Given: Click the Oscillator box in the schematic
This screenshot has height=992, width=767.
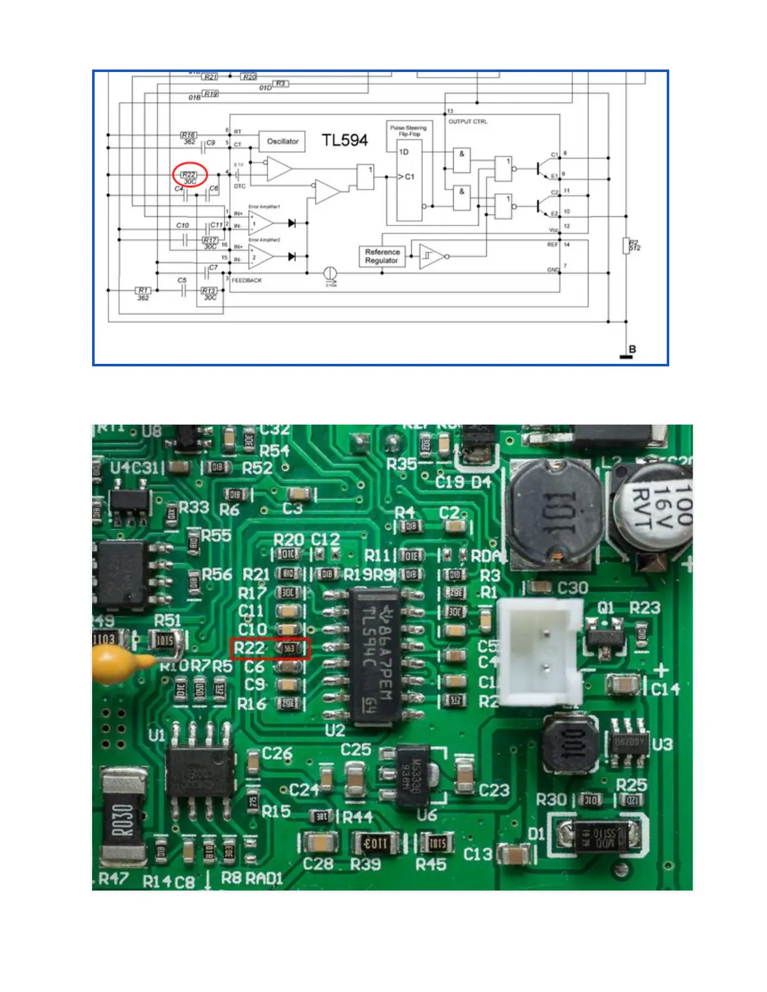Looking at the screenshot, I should pos(283,142).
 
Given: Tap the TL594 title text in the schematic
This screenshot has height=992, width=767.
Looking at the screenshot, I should pos(345,140).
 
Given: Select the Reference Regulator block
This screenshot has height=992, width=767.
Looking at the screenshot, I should pos(382,256).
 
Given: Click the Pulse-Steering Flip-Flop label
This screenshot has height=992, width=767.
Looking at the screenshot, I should pos(408,130).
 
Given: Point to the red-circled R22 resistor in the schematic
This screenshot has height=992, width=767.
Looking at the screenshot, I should pos(189,175).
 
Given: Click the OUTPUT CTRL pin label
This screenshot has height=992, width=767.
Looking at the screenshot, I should pos(467,121).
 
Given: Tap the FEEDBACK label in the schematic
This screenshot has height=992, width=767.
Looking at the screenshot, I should pos(247,281).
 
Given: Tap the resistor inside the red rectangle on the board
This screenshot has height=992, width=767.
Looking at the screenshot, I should pos(289,649).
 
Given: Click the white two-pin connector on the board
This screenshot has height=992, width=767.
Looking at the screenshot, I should pos(540,651).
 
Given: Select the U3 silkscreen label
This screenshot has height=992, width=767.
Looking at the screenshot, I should pos(662,745).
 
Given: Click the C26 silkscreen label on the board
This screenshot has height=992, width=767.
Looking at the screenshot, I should pos(277,753).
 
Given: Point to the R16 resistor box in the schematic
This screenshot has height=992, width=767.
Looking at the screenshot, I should pos(188,135).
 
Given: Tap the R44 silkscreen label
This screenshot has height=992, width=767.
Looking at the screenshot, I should pos(358,817).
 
